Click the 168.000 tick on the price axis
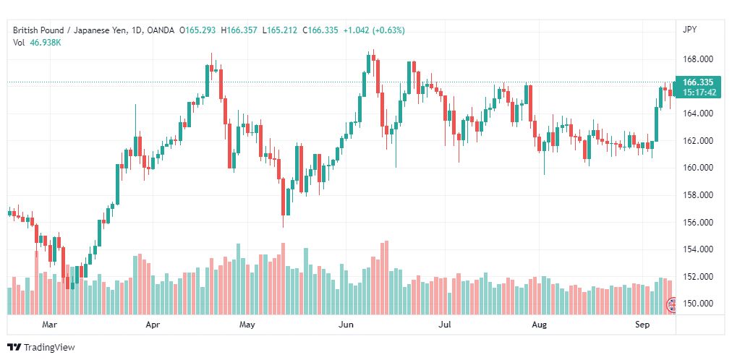coord(698,59)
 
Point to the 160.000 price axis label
coord(698,168)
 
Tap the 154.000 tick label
coord(698,249)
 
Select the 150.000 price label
coord(698,304)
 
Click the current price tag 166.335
coord(697,82)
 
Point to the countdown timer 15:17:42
coord(699,93)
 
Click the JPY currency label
coord(689,30)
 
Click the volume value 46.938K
coord(46,43)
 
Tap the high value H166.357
coord(239,30)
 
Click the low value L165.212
coord(280,30)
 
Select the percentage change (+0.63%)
coord(388,30)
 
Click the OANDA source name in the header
coord(160,30)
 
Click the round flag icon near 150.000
coord(671,304)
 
